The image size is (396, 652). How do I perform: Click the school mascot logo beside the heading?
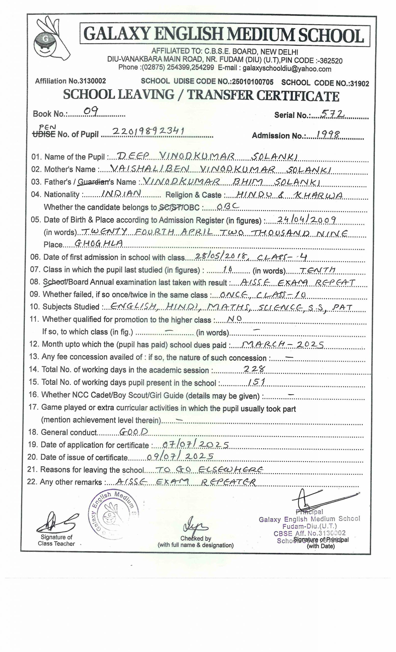52,38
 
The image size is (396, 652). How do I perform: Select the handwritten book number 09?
91,111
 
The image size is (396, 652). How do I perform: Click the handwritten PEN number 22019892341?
148,131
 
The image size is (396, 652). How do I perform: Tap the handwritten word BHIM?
247,181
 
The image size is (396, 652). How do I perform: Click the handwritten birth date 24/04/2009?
306,219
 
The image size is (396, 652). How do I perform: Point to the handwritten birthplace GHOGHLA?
98,243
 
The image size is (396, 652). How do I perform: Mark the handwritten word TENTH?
317,270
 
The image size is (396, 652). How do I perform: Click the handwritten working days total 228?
254,369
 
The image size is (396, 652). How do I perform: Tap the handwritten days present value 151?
256,381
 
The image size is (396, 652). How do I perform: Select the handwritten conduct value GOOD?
134,432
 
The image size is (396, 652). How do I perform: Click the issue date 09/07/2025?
180,456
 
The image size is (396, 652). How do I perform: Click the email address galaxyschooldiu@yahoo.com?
287,69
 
